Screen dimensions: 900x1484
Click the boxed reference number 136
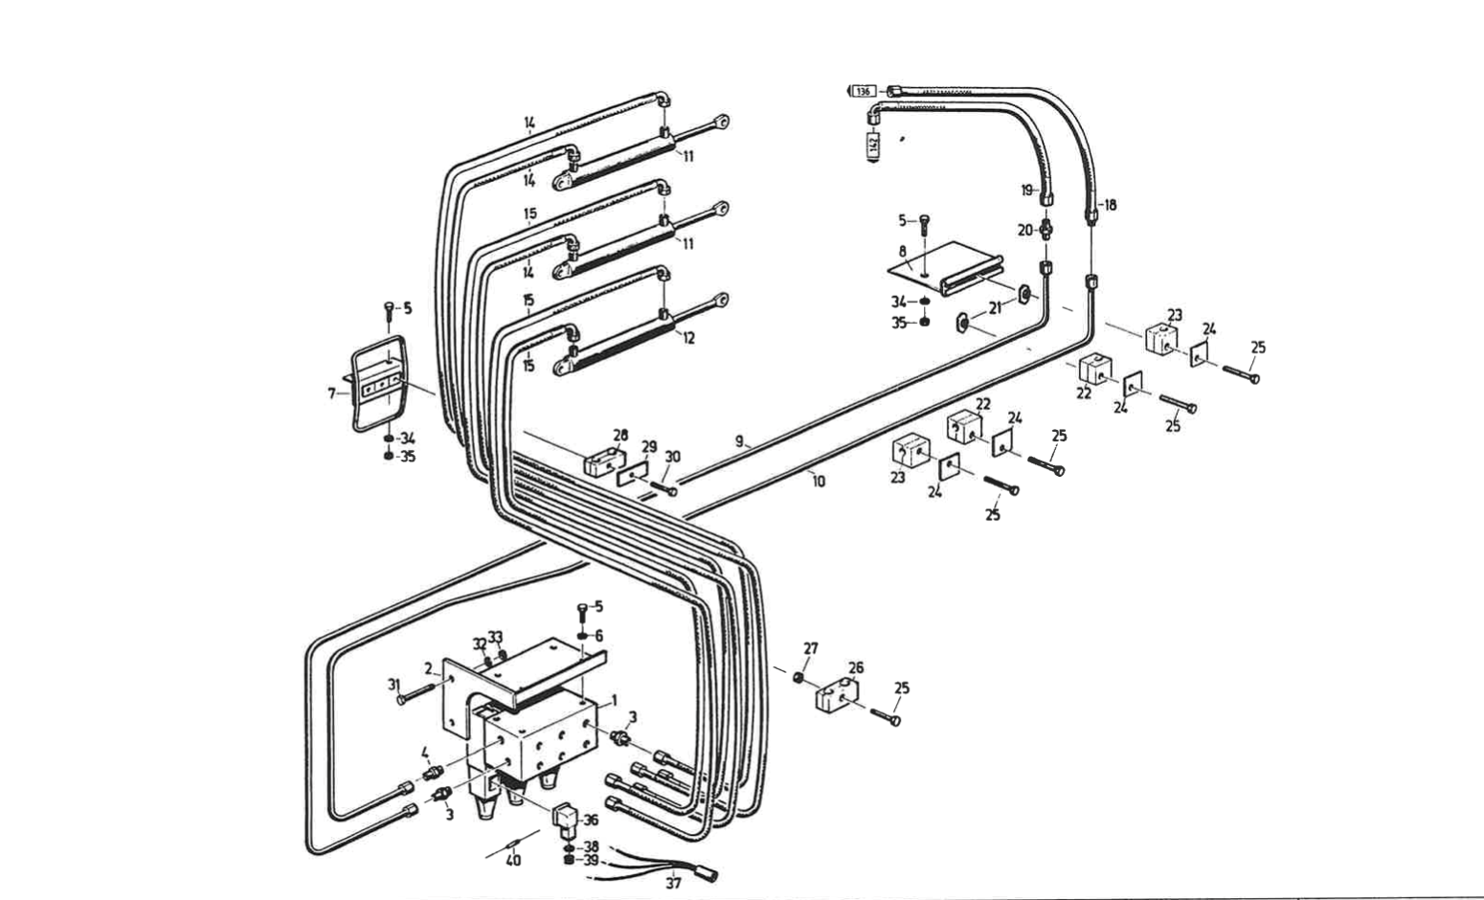coord(864,91)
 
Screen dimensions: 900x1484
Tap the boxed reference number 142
coord(873,145)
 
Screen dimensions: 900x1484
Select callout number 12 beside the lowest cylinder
coord(687,338)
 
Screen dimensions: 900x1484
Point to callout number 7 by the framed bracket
coord(332,393)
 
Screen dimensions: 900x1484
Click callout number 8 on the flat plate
coord(902,251)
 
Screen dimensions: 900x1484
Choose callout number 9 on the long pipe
coord(739,440)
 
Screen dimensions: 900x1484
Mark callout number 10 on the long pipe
coord(818,482)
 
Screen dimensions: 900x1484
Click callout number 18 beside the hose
coord(1109,205)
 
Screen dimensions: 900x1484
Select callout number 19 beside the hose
coord(1026,191)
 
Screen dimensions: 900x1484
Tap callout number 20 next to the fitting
coord(1024,230)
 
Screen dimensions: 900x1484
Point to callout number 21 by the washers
coord(996,307)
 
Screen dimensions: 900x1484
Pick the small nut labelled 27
coord(798,678)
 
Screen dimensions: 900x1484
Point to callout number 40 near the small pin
coord(513,860)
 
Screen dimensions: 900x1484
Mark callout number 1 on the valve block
coord(614,700)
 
